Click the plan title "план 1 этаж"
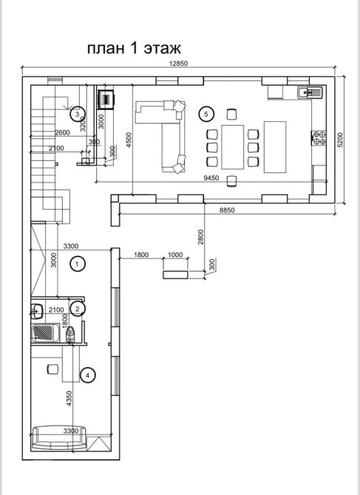pyautogui.click(x=134, y=48)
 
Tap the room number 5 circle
pyautogui.click(x=206, y=114)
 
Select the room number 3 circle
pyautogui.click(x=78, y=114)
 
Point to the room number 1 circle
pyautogui.click(x=78, y=264)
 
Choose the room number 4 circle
pyautogui.click(x=88, y=375)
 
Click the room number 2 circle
pyautogui.click(x=78, y=309)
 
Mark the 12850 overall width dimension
pyautogui.click(x=178, y=64)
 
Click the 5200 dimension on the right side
pyautogui.click(x=340, y=140)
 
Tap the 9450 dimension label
pyautogui.click(x=211, y=178)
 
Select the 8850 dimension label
pyautogui.click(x=227, y=211)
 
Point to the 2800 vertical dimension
pyautogui.click(x=201, y=236)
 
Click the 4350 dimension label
pyautogui.click(x=69, y=398)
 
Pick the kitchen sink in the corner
pyautogui.click(x=310, y=92)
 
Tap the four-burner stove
pyautogui.click(x=319, y=138)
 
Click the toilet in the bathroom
pyautogui.click(x=70, y=334)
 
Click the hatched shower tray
pyautogui.click(x=44, y=332)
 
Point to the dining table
pyautogui.click(x=232, y=147)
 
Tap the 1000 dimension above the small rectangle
pyautogui.click(x=175, y=254)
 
